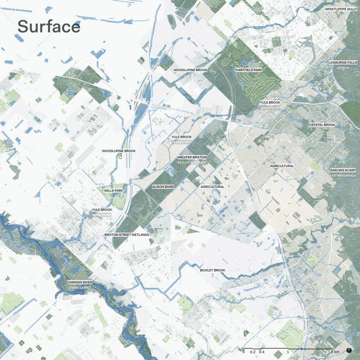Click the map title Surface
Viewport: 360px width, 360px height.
click(49, 27)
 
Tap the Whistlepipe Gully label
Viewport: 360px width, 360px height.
click(341, 9)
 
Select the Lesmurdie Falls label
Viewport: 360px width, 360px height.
click(343, 63)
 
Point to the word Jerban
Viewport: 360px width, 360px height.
click(343, 67)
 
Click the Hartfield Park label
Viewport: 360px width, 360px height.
click(248, 70)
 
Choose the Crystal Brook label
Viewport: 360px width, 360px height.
click(322, 125)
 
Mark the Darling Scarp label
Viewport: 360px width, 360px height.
click(343, 170)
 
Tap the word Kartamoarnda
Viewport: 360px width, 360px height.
click(343, 175)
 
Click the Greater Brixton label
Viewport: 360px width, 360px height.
click(192, 157)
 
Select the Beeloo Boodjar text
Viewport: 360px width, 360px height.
click(192, 162)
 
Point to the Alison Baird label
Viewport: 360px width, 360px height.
click(163, 186)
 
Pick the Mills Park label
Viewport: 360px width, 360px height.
click(113, 191)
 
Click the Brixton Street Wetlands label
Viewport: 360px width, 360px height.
click(126, 235)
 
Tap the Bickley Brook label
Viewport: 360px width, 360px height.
click(212, 270)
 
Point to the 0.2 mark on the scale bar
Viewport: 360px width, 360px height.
click(252, 351)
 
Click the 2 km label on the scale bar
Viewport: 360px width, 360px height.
click(335, 351)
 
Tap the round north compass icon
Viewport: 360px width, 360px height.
click(350, 350)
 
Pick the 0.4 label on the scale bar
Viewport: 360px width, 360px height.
click(261, 351)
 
